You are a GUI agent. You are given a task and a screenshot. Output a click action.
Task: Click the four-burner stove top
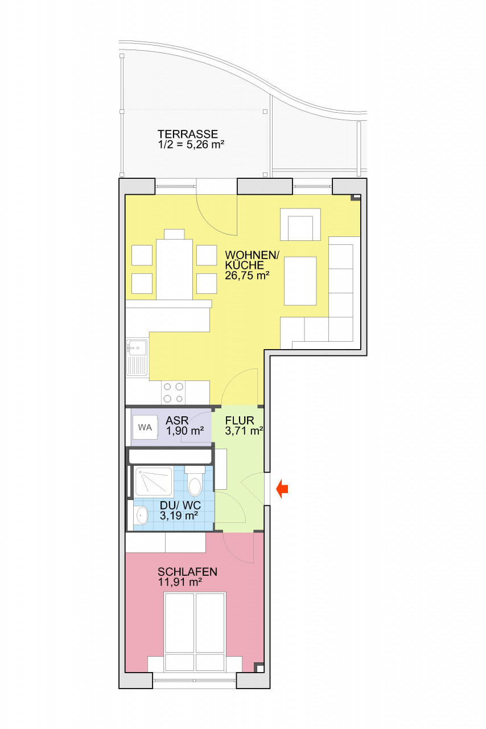click(174, 392)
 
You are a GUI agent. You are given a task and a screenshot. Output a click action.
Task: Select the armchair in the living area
click(300, 224)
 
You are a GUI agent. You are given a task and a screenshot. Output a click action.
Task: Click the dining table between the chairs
click(174, 269)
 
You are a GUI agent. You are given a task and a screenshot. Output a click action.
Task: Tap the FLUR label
click(240, 421)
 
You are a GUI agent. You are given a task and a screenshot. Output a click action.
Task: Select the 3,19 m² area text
click(179, 516)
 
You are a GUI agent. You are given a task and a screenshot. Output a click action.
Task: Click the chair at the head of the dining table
click(174, 234)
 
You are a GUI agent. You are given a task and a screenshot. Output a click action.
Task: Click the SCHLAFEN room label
click(188, 572)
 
